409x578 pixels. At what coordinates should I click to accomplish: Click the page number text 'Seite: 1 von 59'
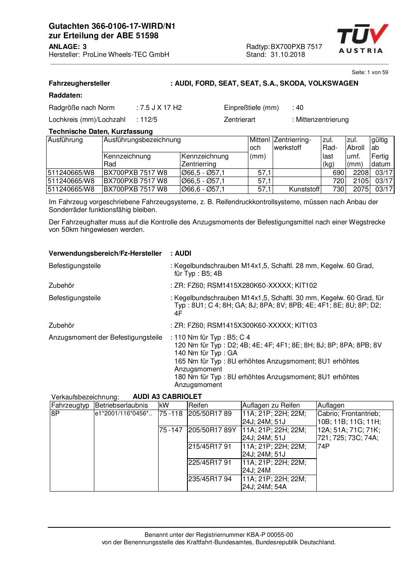369,72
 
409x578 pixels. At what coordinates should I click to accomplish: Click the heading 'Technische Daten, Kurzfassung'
100,132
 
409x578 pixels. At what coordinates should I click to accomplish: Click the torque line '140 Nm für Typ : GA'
206,353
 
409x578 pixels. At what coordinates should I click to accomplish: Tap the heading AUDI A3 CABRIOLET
167,397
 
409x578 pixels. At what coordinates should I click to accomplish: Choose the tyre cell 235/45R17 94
210,479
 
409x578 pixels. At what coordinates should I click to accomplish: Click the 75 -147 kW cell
171,430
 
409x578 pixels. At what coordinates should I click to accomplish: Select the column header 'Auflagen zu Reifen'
271,406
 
